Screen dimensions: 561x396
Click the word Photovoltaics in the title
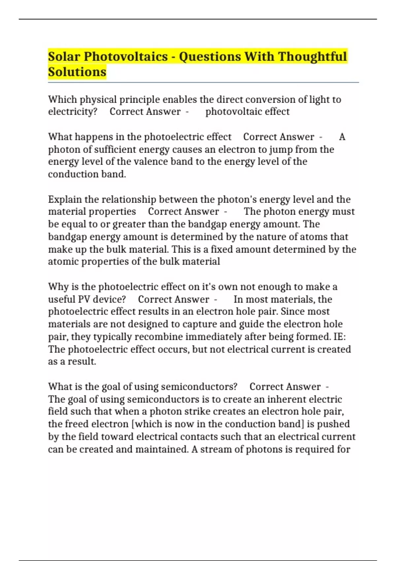[x=126, y=56]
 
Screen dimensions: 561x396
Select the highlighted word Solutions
[x=77, y=72]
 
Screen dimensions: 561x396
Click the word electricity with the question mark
[x=73, y=112]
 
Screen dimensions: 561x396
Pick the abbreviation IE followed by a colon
[x=339, y=337]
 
